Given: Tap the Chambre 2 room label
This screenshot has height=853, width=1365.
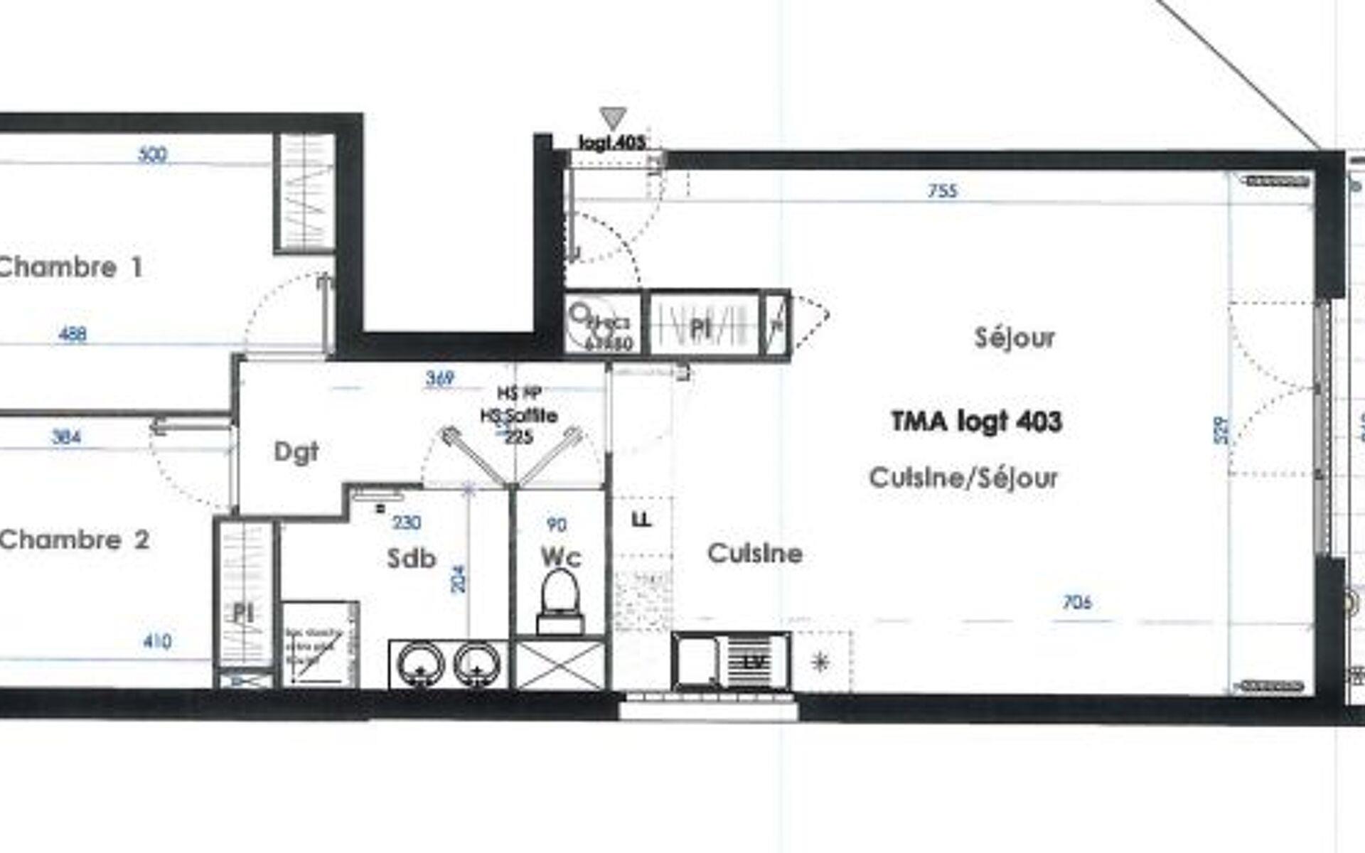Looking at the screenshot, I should click(x=74, y=540).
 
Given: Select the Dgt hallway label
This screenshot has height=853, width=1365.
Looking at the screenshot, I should click(x=296, y=452).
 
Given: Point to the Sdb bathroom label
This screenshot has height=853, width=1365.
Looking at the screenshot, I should click(x=411, y=559).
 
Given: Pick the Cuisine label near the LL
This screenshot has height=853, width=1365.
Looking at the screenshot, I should click(x=755, y=554).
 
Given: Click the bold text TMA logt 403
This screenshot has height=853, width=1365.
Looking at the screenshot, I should click(x=976, y=422).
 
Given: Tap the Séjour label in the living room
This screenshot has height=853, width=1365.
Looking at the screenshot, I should click(x=1015, y=338).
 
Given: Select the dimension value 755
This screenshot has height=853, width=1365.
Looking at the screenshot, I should click(x=943, y=191).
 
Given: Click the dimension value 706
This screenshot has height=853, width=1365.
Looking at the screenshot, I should click(x=1076, y=603).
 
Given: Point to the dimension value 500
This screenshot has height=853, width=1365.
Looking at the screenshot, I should click(x=151, y=154).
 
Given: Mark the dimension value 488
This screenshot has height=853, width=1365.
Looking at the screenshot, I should click(x=72, y=333).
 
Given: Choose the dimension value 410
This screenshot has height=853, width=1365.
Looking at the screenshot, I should click(x=157, y=642).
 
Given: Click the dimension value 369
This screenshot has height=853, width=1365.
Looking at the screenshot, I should click(x=439, y=379).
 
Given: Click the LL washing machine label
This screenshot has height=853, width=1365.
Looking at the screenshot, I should click(x=641, y=520).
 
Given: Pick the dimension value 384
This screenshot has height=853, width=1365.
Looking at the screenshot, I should click(x=66, y=436).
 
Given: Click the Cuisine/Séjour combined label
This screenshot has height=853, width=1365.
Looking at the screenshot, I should click(x=963, y=478).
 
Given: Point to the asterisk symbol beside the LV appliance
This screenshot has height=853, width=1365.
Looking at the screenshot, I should click(x=820, y=662).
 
